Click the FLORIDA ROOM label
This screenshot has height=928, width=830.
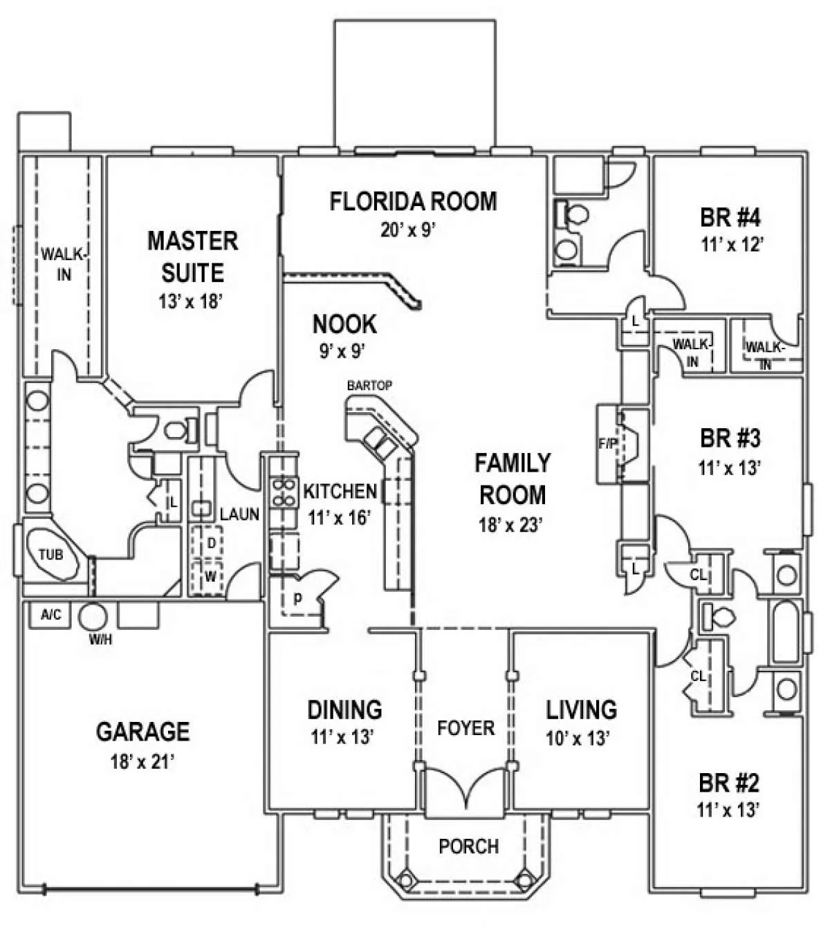coord(413,201)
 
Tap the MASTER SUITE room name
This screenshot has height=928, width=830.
coord(193,257)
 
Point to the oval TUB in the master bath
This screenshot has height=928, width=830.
coord(50,554)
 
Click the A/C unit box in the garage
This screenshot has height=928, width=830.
coord(49,615)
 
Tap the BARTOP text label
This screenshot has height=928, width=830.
coord(369,385)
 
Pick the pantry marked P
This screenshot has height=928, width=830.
coord(297,600)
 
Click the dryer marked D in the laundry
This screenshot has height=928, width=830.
coord(212,544)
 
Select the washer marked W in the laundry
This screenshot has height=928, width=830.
coord(211,575)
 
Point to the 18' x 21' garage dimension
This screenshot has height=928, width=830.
coord(142,762)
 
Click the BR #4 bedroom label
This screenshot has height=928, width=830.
coord(730,218)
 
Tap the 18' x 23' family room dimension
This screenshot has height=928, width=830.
coord(512,525)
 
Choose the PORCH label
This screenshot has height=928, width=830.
coord(468,846)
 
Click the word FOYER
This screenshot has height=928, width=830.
coord(465,727)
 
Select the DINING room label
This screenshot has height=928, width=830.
coord(344,709)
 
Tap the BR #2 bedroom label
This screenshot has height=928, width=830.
coord(729,783)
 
